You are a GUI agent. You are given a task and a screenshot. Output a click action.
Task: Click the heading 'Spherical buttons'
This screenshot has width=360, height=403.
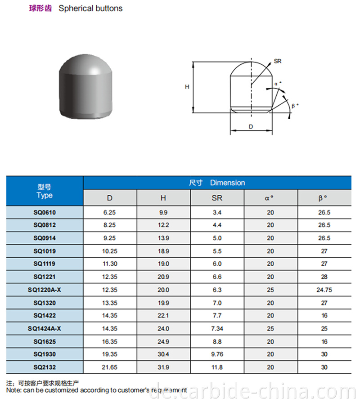tap(90, 8)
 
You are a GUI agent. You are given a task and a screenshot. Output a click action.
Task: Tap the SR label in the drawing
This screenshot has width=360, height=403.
tap(278, 61)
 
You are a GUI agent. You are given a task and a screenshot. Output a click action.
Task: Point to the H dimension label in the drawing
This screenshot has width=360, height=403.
tap(187, 87)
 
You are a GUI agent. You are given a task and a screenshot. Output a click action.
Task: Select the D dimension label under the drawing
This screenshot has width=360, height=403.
tap(251, 127)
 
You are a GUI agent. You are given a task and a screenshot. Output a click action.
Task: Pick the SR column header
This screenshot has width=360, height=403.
tap(217, 198)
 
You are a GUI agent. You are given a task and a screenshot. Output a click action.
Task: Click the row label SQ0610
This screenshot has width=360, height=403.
tap(45, 212)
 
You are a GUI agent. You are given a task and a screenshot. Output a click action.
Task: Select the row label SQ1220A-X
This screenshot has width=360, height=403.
tap(45, 290)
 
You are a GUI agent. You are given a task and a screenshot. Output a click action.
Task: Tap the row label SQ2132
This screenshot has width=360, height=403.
tap(45, 367)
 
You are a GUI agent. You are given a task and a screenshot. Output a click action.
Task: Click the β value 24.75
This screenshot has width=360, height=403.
tap(324, 290)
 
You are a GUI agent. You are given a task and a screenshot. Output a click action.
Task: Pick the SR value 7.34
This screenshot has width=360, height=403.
tap(217, 329)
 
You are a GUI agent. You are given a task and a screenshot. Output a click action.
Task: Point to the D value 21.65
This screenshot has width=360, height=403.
tap(110, 367)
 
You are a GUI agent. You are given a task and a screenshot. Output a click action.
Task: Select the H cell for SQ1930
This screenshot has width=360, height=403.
tap(164, 354)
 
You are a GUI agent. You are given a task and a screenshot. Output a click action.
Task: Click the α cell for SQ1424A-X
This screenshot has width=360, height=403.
tap(270, 329)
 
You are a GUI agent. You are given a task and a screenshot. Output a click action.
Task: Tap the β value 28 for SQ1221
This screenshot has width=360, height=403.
tap(324, 277)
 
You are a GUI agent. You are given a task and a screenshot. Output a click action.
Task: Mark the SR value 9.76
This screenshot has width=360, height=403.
tap(217, 354)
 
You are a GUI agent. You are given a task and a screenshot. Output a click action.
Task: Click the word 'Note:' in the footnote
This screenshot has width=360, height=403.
tap(14, 390)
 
